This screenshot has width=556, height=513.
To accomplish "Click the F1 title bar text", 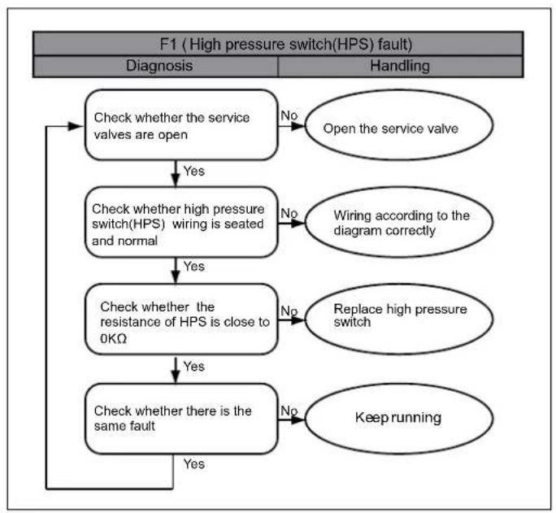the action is pyautogui.click(x=286, y=45).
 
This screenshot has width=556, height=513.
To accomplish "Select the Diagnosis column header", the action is pyautogui.click(x=159, y=66).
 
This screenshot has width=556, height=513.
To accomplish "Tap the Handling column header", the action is pyautogui.click(x=400, y=66).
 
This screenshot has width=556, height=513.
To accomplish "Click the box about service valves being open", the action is pyautogui.click(x=181, y=124).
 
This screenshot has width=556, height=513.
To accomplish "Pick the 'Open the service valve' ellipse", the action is pyautogui.click(x=399, y=125).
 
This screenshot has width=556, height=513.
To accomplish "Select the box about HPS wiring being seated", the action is pyautogui.click(x=181, y=222).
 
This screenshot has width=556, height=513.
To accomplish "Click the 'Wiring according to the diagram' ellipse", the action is pyautogui.click(x=399, y=222).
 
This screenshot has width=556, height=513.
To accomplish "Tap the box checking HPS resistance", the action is pyautogui.click(x=181, y=319).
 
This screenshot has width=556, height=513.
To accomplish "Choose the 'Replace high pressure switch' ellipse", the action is pyautogui.click(x=399, y=319).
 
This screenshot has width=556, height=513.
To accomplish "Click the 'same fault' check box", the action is pyautogui.click(x=181, y=419).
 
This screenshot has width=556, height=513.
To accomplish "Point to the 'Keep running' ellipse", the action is pyautogui.click(x=399, y=419).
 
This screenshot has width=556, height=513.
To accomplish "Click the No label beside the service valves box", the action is pyautogui.click(x=289, y=115).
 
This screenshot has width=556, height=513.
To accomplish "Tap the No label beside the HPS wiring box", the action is pyautogui.click(x=289, y=214).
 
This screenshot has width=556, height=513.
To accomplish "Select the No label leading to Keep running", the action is pyautogui.click(x=289, y=411).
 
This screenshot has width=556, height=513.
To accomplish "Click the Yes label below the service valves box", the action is pyautogui.click(x=194, y=171).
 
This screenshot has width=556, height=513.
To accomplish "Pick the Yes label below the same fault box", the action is pyautogui.click(x=194, y=463).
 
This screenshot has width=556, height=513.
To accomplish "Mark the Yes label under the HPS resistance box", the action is pyautogui.click(x=194, y=366).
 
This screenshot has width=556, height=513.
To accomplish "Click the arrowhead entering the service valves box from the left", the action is pyautogui.click(x=75, y=126).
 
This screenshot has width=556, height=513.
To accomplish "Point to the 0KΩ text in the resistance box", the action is pyautogui.click(x=114, y=338).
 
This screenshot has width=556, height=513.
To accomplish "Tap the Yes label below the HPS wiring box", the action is pyautogui.click(x=194, y=266).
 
